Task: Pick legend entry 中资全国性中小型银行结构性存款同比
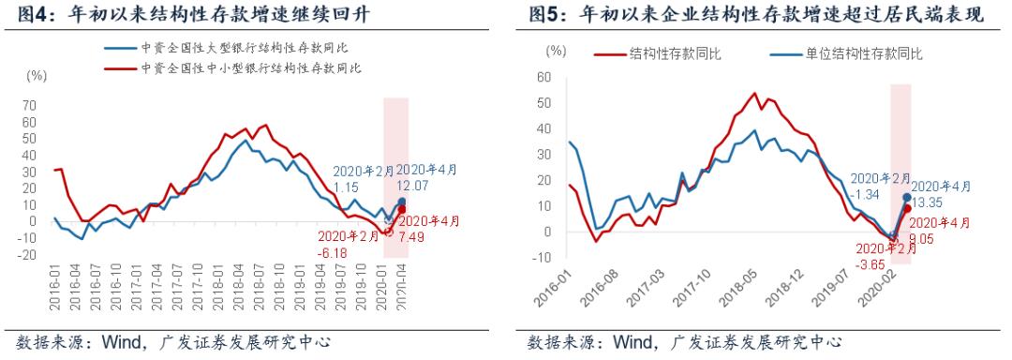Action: pyautogui.click(x=245, y=68)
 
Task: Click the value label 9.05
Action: pyautogui.click(x=930, y=238)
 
